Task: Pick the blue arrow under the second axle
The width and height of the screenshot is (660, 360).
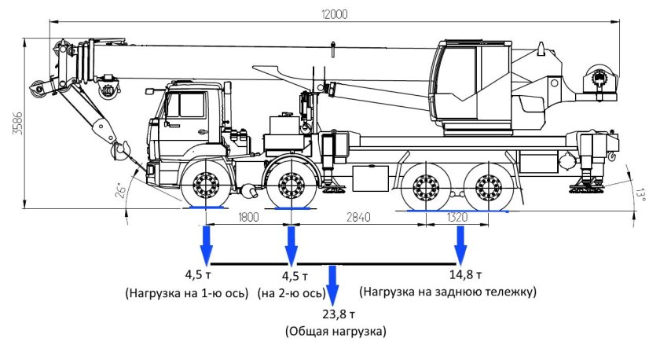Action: pos(291,245)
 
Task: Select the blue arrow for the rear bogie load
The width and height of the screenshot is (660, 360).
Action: pos(459,245)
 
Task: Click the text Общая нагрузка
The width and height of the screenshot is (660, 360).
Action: pos(335,332)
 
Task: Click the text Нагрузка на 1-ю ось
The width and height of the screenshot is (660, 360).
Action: pos(186,292)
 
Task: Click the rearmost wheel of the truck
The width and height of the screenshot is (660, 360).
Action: pos(490,188)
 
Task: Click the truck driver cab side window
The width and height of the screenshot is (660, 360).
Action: pos(186,105)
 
